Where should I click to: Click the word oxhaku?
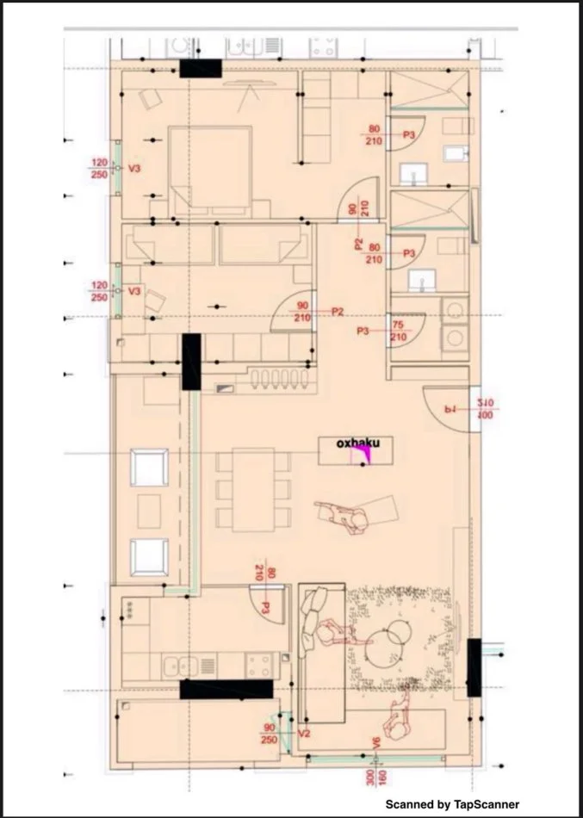click(357, 443)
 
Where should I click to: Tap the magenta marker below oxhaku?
click(366, 457)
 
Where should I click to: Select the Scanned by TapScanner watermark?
click(452, 803)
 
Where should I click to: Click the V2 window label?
click(303, 734)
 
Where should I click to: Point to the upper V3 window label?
click(133, 169)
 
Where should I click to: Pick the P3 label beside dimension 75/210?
click(363, 331)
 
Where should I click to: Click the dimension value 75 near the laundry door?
click(397, 325)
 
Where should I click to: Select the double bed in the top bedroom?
click(210, 170)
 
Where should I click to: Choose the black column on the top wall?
click(201, 70)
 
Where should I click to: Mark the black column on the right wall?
click(473, 667)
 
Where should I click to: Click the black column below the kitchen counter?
click(226, 689)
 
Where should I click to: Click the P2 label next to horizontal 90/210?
click(338, 312)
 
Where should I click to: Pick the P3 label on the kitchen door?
click(266, 608)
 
